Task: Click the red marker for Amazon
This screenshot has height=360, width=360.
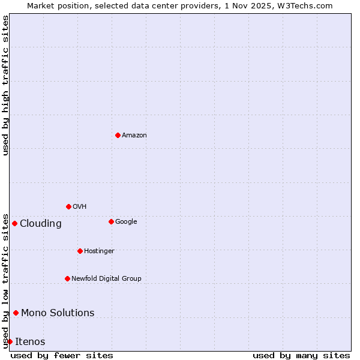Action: [x=118, y=135]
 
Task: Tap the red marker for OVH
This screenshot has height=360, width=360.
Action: [x=68, y=206]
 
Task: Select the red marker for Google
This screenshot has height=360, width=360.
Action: [x=111, y=221]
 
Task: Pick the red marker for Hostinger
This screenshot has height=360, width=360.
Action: [x=80, y=251]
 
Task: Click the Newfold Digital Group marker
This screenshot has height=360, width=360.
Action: [x=67, y=278]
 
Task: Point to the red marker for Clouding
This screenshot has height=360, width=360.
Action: [x=14, y=223]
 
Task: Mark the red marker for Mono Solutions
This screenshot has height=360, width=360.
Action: [x=16, y=313]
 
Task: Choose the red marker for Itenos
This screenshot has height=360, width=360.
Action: [x=10, y=341]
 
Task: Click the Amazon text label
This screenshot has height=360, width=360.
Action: [x=134, y=136]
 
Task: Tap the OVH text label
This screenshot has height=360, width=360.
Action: [x=80, y=207]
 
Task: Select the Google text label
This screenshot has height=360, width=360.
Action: [x=126, y=222]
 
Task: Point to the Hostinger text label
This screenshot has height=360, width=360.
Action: [x=99, y=251]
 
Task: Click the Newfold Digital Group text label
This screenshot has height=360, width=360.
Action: [x=106, y=279]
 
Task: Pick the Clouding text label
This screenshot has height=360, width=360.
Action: [x=41, y=224]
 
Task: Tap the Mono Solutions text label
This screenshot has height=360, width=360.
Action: [x=58, y=313]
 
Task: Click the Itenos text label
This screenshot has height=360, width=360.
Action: [x=30, y=342]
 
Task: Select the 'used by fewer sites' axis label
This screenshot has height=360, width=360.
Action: [x=62, y=356]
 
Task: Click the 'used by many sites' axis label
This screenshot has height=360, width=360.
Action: [x=301, y=356]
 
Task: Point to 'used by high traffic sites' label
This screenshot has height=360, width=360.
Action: [x=5, y=85]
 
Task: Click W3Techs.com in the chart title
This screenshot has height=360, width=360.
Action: [x=305, y=5]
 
